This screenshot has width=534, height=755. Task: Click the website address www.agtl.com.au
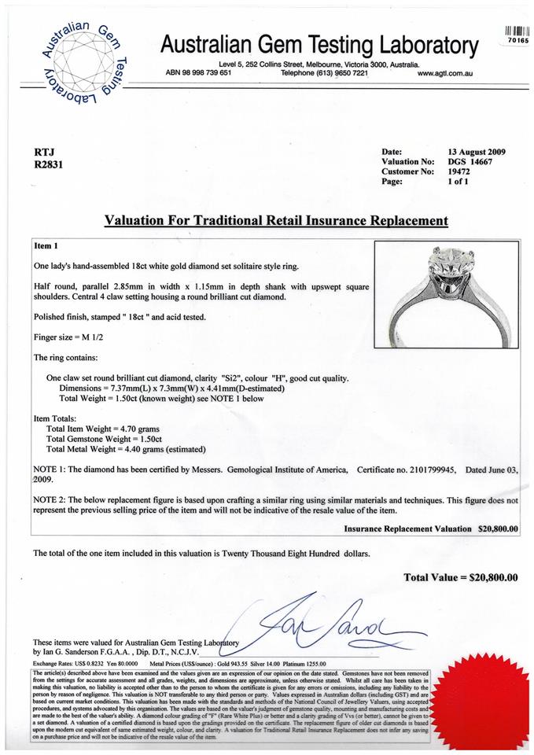pyautogui.click(x=444, y=72)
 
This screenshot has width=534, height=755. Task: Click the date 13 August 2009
pyautogui.click(x=477, y=152)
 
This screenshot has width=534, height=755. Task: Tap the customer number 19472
pyautogui.click(x=459, y=171)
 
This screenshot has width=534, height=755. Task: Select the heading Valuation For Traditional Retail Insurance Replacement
pyautogui.click(x=276, y=221)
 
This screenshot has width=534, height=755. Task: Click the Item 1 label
pyautogui.click(x=47, y=246)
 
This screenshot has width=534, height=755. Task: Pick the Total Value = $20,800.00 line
pyautogui.click(x=461, y=578)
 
